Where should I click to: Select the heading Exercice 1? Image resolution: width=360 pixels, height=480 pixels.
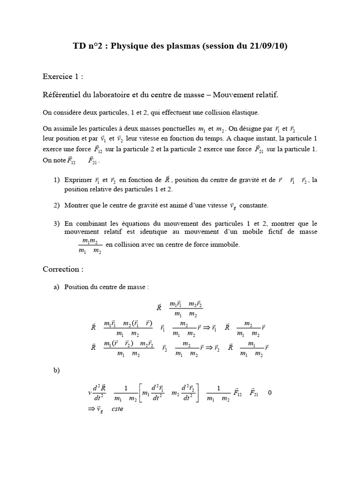(63, 76)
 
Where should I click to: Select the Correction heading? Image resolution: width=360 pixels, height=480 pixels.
(63, 269)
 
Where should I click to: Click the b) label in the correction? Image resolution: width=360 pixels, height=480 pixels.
(57, 370)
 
